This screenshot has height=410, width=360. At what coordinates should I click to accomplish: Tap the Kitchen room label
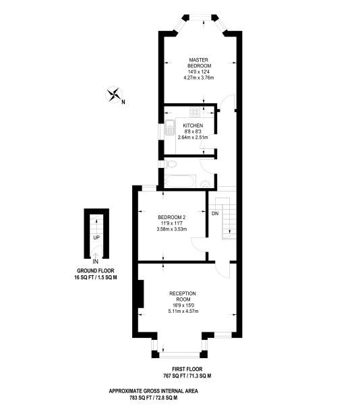tap(193, 125)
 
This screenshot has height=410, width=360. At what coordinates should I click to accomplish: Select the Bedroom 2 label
tap(171, 217)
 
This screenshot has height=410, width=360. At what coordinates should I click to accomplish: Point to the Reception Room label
tap(183, 296)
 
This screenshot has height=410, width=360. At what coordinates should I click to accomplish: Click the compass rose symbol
tap(114, 94)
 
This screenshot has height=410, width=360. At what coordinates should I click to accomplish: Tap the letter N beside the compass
tap(123, 102)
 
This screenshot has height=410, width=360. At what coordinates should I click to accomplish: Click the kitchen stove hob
tap(195, 112)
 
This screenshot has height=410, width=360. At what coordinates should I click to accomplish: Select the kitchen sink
tap(170, 127)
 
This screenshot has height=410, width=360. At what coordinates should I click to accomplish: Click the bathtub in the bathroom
tap(181, 181)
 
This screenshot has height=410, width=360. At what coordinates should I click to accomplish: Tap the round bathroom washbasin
tap(206, 184)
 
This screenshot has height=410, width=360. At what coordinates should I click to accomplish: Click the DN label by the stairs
tap(215, 214)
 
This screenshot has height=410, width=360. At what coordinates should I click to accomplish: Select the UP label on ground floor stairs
tap(96, 238)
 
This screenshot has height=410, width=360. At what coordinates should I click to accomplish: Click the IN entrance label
tap(96, 261)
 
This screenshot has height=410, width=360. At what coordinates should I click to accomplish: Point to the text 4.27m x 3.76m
tap(199, 78)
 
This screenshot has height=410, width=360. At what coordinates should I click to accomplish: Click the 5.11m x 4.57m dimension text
tap(183, 311)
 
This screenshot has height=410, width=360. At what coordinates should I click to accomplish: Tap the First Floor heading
tap(187, 370)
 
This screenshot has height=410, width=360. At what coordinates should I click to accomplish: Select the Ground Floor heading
tap(96, 270)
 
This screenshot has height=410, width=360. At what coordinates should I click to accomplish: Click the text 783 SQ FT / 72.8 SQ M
tap(154, 398)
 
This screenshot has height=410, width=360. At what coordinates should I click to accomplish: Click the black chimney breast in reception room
tap(141, 294)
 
